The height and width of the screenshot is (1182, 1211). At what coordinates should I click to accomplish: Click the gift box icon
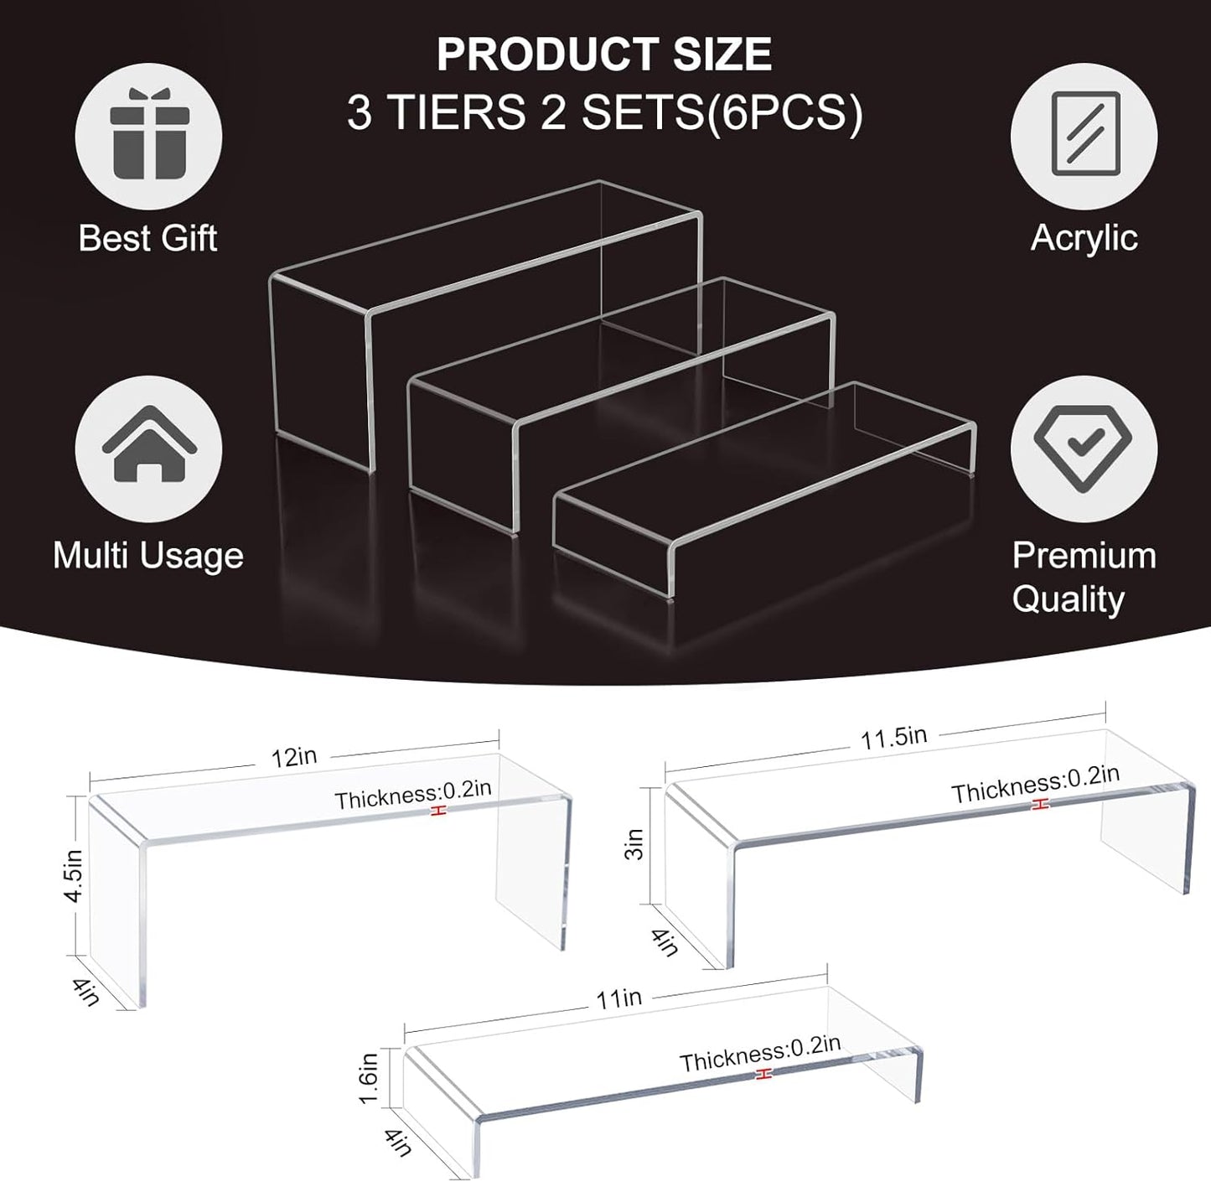pos(148,136)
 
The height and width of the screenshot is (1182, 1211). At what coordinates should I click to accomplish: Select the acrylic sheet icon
pos(1084,134)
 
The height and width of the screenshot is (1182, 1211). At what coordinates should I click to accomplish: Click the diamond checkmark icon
pos(1083,448)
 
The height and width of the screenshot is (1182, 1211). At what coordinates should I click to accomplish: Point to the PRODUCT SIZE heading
pos(603,54)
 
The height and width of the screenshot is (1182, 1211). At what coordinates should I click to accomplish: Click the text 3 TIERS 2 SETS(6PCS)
pos(604,112)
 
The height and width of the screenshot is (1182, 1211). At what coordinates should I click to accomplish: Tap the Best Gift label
pos(147,238)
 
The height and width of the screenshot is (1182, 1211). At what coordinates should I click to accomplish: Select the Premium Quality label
pos(1083,577)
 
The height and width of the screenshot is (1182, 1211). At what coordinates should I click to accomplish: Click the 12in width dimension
pos(293,757)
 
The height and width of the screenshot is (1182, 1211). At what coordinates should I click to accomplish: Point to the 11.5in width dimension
pos(893,738)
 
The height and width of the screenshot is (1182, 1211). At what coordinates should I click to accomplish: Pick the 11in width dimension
pos(619,998)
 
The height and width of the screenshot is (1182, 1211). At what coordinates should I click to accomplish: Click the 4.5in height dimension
pos(74,875)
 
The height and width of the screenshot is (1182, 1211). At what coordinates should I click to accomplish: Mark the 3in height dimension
pos(634,844)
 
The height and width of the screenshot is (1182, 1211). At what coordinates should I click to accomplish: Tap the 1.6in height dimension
pos(369,1078)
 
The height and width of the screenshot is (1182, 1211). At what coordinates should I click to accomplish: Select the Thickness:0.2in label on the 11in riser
pos(759,1053)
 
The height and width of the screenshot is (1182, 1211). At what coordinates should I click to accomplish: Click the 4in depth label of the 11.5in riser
pos(665,941)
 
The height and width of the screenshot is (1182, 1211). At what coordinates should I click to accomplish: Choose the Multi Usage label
pos(148,556)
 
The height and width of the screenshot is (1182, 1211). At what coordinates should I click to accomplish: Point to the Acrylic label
pos(1084,238)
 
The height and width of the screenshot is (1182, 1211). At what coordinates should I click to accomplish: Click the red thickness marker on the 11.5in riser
pos(1040,804)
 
